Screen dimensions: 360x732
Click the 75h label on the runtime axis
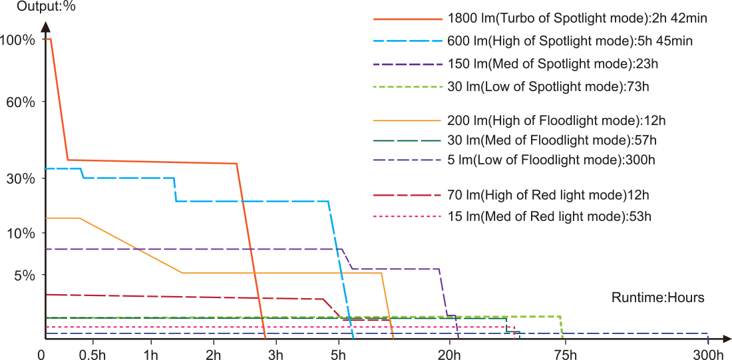pos(563,353)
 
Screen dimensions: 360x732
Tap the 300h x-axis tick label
pos(708,353)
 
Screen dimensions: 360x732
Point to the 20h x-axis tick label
pos(449,353)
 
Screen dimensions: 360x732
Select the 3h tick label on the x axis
pos(275,353)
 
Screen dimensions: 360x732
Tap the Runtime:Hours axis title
pos(657,297)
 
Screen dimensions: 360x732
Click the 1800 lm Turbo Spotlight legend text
pos(578,19)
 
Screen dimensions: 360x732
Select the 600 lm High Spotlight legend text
pos(571,41)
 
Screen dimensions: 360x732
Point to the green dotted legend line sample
pos(408,87)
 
